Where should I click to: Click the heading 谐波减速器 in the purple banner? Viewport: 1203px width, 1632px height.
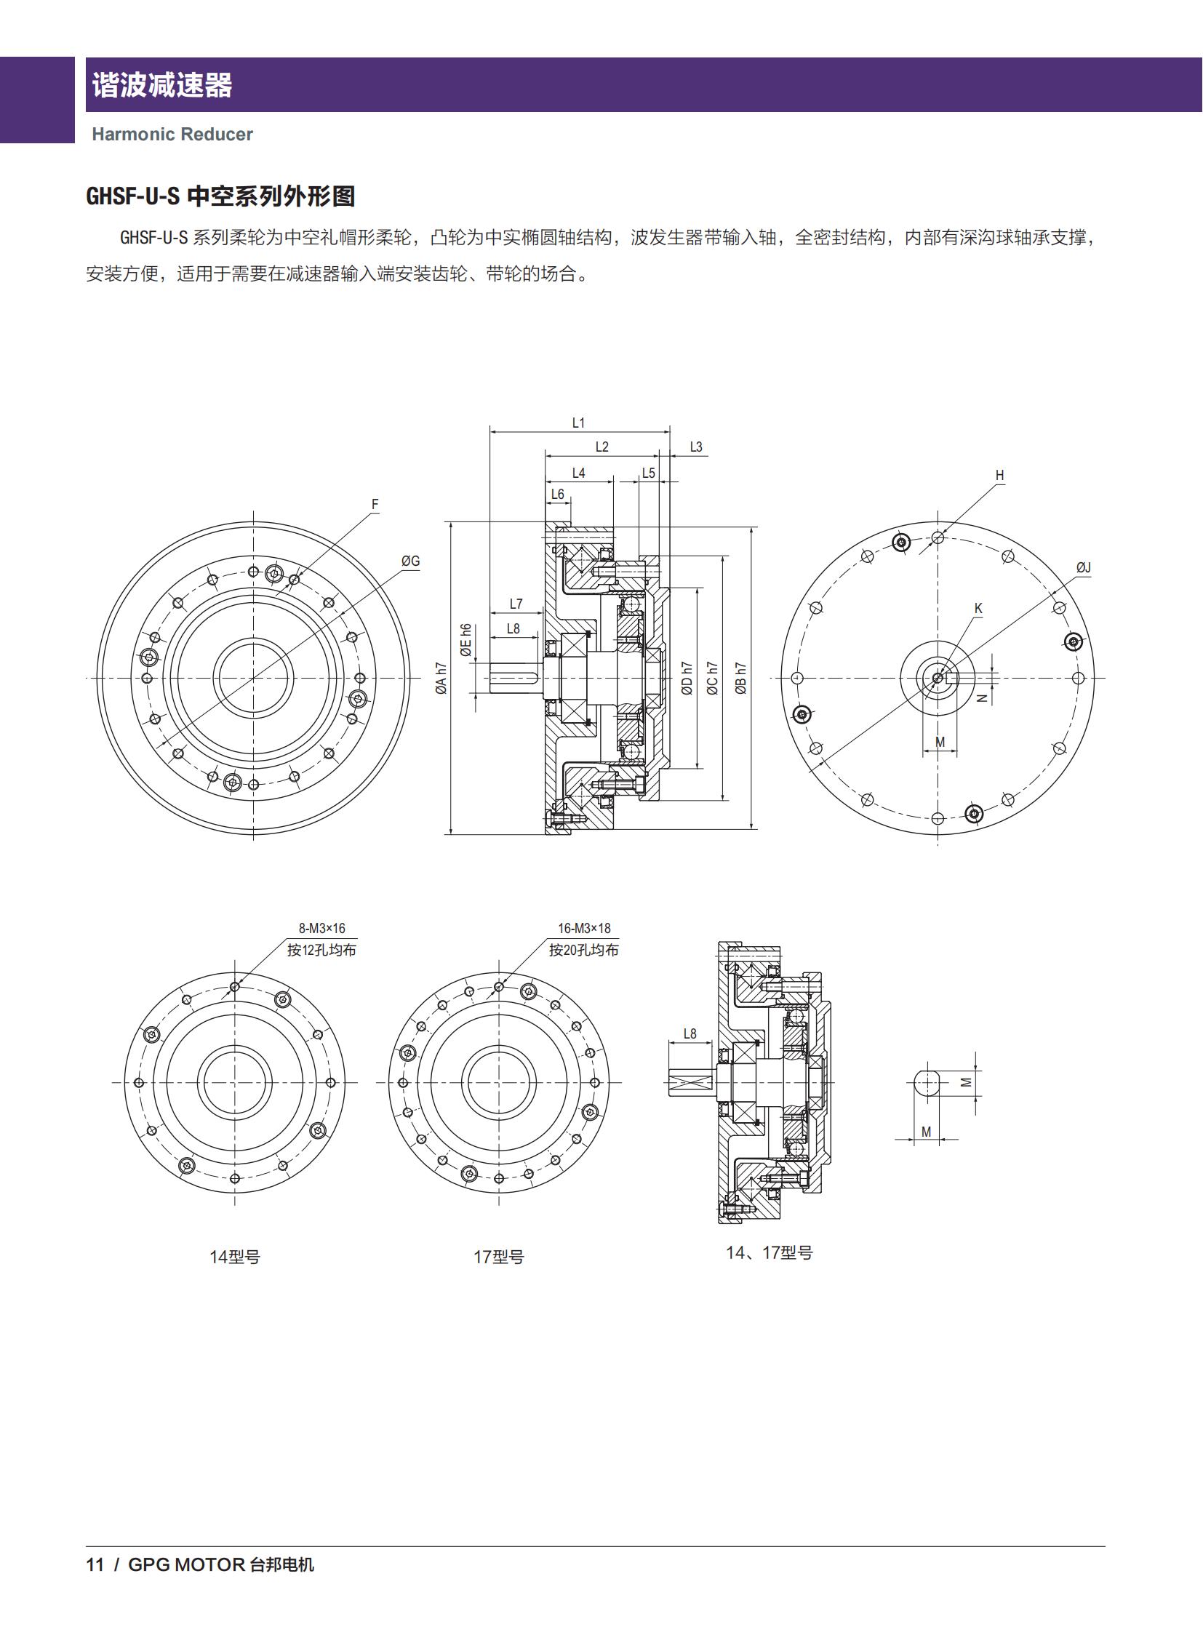[x=161, y=85]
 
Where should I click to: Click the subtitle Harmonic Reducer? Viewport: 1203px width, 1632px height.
[x=172, y=135]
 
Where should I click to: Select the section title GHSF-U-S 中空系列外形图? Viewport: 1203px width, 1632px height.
[x=220, y=196]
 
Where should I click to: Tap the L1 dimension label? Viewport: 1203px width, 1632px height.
[x=578, y=423]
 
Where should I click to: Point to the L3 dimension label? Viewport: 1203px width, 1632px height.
[x=695, y=447]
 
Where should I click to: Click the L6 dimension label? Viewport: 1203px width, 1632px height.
[x=557, y=495]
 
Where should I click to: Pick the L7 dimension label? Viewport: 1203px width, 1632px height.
[x=516, y=604]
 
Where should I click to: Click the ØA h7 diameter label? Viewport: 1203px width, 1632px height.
[x=441, y=678]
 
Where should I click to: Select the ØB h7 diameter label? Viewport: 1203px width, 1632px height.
[x=740, y=678]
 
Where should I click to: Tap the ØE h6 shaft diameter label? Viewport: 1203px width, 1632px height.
[x=466, y=639]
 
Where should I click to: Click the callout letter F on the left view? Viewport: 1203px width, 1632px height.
[x=375, y=504]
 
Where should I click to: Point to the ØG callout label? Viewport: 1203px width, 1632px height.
[x=411, y=561]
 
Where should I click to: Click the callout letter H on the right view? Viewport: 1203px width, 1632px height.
[x=999, y=476]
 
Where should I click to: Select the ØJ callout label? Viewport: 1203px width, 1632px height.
[x=1083, y=568]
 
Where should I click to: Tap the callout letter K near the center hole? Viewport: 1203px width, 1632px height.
[x=978, y=608]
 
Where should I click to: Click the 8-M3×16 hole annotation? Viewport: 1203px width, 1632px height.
[x=322, y=929]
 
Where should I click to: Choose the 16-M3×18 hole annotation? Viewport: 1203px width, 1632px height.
[x=584, y=929]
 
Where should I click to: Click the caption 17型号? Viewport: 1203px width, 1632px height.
[x=499, y=1257]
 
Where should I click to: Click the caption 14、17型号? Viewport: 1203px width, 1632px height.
[x=769, y=1252]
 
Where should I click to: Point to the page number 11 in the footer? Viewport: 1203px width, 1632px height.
[x=95, y=1565]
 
